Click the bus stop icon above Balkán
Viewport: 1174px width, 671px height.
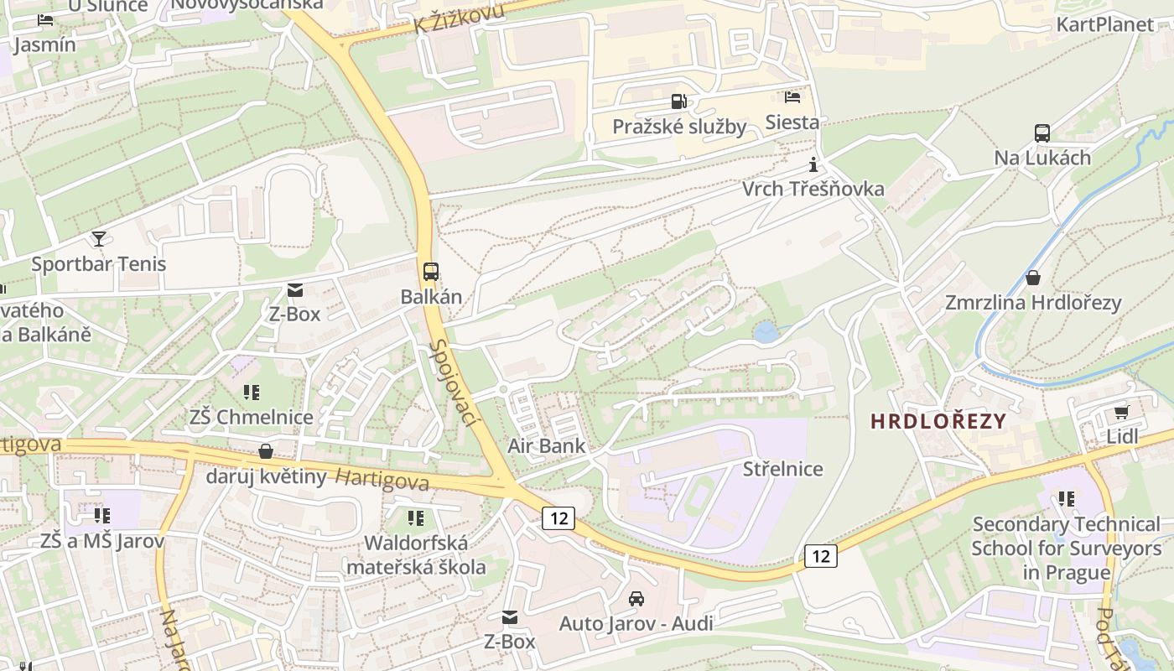(430, 272)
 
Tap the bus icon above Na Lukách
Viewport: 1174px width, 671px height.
(1042, 133)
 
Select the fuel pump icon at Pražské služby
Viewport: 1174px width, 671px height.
(678, 102)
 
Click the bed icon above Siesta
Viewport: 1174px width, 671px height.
(792, 97)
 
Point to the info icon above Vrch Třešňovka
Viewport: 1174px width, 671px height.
(812, 164)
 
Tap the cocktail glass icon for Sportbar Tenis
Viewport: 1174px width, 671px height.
(99, 239)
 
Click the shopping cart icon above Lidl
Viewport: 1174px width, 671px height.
(1121, 412)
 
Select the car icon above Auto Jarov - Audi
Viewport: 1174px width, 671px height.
(636, 599)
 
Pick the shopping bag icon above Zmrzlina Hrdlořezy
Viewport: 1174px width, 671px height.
(1033, 278)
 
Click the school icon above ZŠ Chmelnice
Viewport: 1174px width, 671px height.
(251, 392)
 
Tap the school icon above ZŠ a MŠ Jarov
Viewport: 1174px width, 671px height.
(102, 515)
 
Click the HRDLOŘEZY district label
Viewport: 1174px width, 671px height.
(938, 421)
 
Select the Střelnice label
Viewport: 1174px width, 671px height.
(782, 469)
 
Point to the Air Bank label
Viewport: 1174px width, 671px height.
(547, 445)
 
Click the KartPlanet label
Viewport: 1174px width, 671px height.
(1104, 23)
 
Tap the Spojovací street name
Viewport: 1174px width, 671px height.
(453, 382)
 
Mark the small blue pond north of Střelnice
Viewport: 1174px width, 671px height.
(766, 333)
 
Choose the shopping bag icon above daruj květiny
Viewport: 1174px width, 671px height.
(266, 452)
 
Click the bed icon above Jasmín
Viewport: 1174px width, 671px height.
(45, 20)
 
